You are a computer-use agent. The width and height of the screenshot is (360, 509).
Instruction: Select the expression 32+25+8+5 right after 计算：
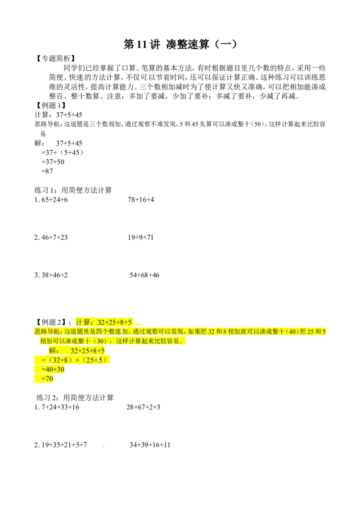115,322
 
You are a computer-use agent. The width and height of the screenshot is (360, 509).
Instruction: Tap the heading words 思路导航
48,332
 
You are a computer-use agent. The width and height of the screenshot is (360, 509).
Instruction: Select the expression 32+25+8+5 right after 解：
88,351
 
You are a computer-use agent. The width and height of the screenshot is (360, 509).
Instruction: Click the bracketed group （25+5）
95,360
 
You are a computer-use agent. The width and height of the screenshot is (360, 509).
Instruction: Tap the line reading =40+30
53,370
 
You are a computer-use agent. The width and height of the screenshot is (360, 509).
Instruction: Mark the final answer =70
47,379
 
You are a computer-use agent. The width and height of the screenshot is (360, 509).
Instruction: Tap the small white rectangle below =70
34,399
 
